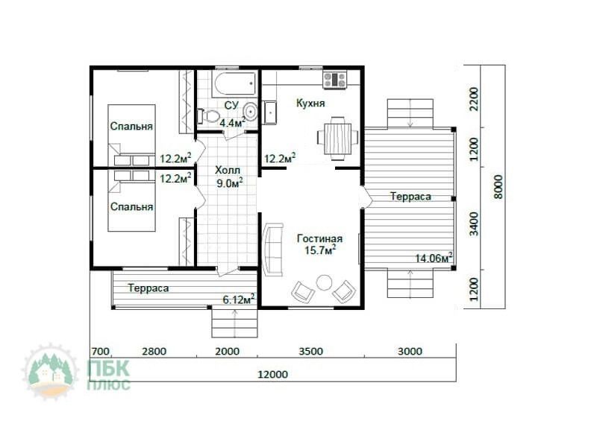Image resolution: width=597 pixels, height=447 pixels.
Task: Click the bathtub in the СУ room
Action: [x=235, y=83]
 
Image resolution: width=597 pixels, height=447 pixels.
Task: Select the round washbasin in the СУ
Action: [x=250, y=112]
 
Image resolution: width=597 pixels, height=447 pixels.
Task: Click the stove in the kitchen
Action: [x=334, y=80]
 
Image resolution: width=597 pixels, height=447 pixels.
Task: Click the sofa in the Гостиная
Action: [x=273, y=250]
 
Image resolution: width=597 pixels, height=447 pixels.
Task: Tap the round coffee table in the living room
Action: [x=325, y=282]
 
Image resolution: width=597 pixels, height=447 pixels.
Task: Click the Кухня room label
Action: [x=310, y=104]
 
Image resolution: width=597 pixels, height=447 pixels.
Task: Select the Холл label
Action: [x=228, y=170]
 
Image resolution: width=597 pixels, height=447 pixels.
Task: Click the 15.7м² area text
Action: [x=320, y=250]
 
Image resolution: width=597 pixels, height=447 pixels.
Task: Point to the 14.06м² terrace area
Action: [x=434, y=258]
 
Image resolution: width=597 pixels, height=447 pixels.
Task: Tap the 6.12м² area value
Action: [x=239, y=299]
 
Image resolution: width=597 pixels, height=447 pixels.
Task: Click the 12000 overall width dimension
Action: [x=272, y=375]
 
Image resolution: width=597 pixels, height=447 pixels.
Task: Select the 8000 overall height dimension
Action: [x=498, y=187]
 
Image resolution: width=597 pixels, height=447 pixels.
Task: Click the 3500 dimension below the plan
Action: [x=310, y=351]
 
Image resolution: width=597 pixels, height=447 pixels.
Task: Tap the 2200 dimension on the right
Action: [x=474, y=99]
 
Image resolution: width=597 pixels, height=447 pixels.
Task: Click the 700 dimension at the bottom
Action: [x=101, y=351]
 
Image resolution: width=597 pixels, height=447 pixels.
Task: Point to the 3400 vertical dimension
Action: [x=474, y=224]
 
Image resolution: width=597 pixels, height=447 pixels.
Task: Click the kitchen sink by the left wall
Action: [x=270, y=112]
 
